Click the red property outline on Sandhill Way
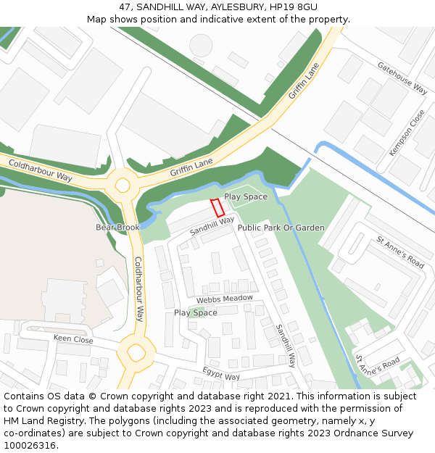217,207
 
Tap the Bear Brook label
117,228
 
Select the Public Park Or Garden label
281,228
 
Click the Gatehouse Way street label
402,78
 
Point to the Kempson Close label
407,133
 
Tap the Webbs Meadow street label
225,299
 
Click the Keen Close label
73,339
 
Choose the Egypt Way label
221,375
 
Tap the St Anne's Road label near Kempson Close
400,252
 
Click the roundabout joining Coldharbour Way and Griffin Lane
123,181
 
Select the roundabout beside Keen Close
136,354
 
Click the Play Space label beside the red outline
246,196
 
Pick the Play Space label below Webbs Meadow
195,313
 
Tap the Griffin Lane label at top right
304,80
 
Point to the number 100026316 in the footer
30,445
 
